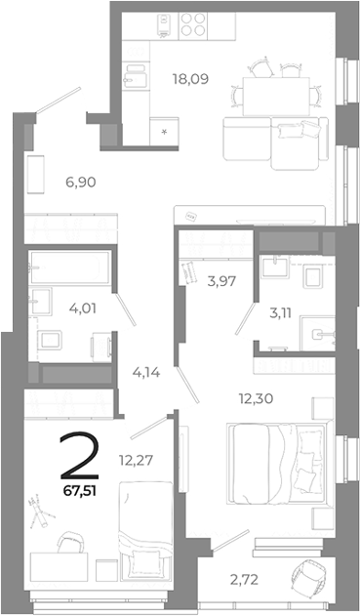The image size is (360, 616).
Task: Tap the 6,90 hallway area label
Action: (x=82, y=182)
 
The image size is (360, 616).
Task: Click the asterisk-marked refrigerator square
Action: (x=163, y=128)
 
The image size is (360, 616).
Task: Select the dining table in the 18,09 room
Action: (x=274, y=95)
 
